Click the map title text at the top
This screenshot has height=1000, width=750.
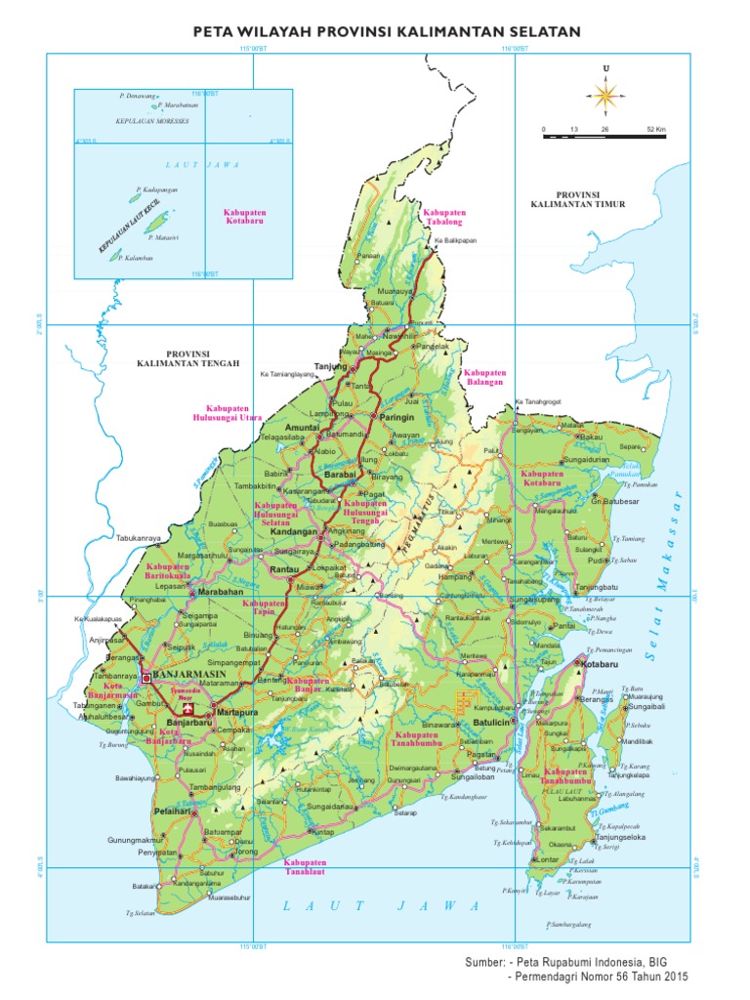tap(375, 32)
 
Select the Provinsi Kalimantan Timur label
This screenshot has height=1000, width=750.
tap(577, 200)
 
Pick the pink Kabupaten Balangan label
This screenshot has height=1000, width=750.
tap(484, 378)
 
